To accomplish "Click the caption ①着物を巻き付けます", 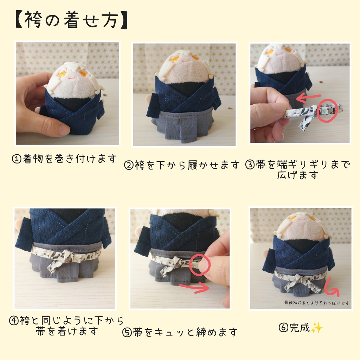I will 64,159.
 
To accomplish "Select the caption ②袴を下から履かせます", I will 182,165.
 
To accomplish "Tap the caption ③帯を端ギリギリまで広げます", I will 297,169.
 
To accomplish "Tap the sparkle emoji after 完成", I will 317,328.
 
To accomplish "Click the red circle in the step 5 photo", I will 199,264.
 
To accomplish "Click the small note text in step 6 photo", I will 317,302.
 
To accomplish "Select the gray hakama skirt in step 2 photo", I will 184,125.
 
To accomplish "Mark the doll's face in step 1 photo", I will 72,84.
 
